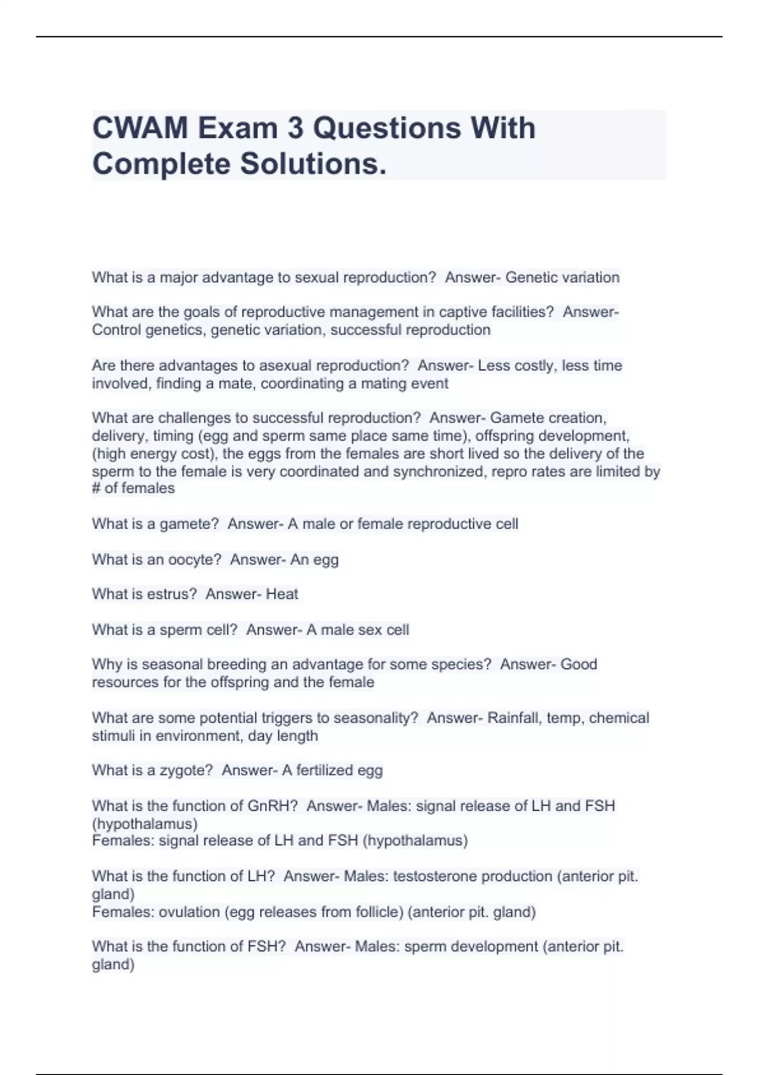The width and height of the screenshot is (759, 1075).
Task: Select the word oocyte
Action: (x=197, y=560)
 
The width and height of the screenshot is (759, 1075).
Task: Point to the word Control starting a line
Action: (x=116, y=329)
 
